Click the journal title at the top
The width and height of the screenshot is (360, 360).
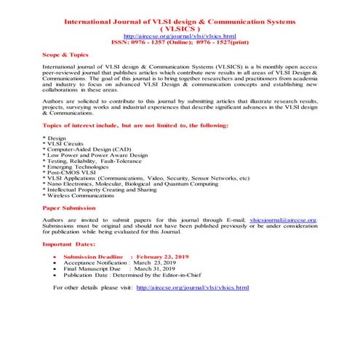point(180,22)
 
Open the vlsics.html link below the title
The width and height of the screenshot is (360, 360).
point(179,36)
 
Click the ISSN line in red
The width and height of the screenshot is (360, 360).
point(180,42)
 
